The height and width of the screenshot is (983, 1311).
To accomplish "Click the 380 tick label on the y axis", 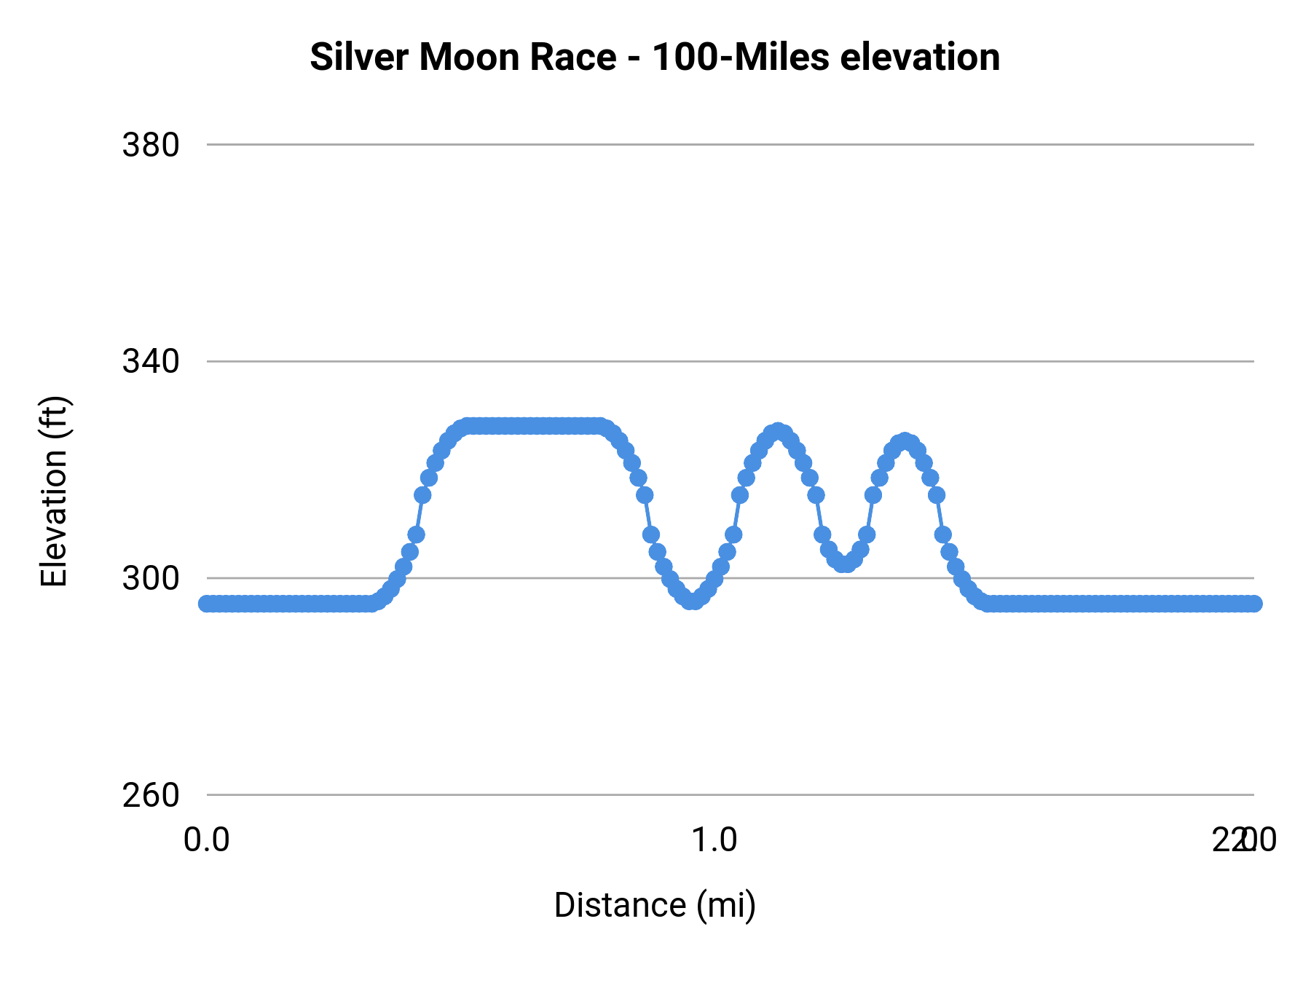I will (x=151, y=146).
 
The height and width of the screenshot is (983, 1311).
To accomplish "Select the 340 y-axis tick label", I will (x=151, y=362).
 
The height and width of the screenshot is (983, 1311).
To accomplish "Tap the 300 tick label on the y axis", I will (x=151, y=579).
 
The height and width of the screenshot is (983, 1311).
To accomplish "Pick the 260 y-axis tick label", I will (x=151, y=795).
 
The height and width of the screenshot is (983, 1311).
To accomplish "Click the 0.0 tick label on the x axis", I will (x=207, y=840).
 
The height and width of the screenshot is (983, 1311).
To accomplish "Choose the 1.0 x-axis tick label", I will (x=714, y=840).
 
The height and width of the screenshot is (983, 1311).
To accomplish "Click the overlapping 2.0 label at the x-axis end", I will (x=1244, y=840).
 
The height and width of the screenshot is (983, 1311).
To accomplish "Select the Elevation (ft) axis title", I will (x=54, y=491).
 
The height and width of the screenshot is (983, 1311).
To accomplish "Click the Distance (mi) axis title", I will (x=655, y=905).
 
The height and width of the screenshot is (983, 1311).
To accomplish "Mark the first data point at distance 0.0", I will (x=208, y=604).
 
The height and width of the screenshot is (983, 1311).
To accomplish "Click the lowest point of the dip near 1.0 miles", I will (x=693, y=601).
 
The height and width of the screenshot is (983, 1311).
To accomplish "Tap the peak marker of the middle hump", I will (x=778, y=431).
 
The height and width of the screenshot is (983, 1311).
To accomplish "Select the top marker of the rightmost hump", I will (x=905, y=441).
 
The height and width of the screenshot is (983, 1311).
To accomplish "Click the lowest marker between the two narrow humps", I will (x=844, y=564).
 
